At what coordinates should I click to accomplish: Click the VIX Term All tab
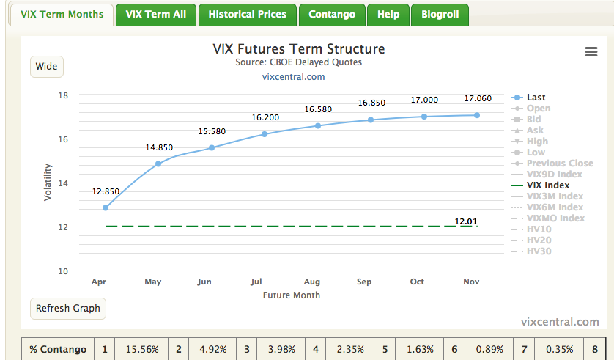click(x=155, y=14)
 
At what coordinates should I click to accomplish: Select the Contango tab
click(x=332, y=14)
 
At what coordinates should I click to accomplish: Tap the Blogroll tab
click(x=440, y=14)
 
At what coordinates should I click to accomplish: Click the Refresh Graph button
click(x=68, y=308)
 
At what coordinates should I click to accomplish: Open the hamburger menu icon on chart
click(x=591, y=51)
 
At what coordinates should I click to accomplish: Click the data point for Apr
click(x=106, y=208)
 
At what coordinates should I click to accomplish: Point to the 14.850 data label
click(x=159, y=147)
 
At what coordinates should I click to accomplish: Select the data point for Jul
click(x=265, y=134)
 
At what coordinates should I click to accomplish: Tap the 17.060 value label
click(x=477, y=99)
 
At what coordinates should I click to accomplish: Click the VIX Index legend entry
click(x=548, y=185)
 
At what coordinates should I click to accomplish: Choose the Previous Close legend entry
click(x=560, y=164)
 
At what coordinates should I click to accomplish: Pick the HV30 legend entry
click(x=539, y=251)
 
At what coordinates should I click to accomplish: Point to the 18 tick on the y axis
click(x=64, y=95)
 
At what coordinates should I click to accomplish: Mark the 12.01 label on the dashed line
click(x=465, y=221)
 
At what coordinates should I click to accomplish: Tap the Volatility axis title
click(x=48, y=183)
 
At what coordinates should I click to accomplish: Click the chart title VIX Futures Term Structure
click(x=298, y=49)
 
